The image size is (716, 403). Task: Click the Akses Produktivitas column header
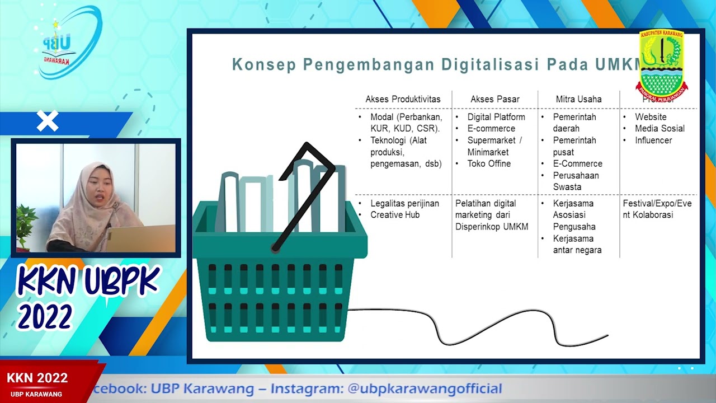click(403, 99)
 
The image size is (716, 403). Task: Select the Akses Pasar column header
click(494, 99)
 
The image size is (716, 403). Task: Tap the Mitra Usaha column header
click(578, 99)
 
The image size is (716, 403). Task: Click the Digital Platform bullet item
click(496, 117)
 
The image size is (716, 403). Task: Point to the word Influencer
click(653, 140)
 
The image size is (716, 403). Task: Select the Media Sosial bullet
click(660, 128)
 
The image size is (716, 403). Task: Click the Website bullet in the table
click(651, 117)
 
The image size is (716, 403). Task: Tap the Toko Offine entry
click(489, 163)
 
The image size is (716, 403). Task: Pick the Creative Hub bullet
click(395, 215)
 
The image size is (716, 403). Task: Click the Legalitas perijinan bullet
click(404, 203)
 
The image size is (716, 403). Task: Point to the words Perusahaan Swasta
click(576, 181)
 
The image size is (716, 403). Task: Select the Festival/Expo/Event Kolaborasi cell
click(657, 209)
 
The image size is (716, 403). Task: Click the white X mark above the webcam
click(48, 121)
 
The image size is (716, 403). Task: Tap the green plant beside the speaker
click(26, 224)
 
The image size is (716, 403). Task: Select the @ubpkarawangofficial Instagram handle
click(425, 388)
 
